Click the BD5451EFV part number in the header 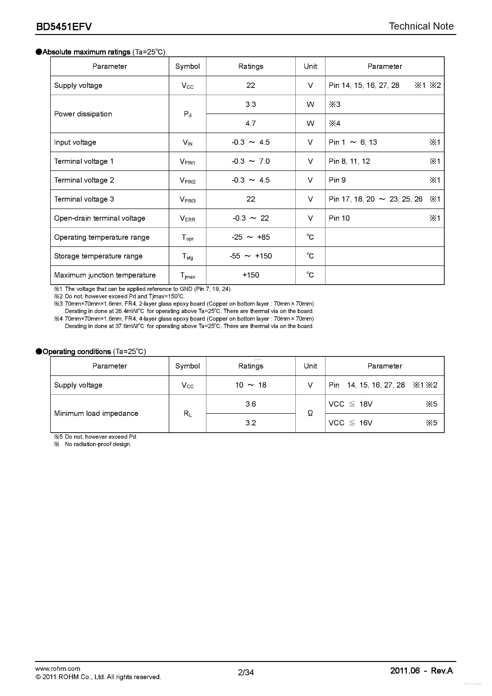(x=64, y=27)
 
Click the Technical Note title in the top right (x=421, y=26)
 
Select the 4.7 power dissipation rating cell (x=250, y=123)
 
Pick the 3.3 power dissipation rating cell (x=250, y=104)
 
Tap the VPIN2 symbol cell (x=187, y=180)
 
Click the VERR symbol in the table (x=187, y=218)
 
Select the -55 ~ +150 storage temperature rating (x=250, y=256)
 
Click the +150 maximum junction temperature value (x=250, y=275)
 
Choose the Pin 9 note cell (x=337, y=180)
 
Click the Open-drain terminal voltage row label (x=99, y=218)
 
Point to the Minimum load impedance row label (x=96, y=413)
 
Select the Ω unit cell (x=310, y=413)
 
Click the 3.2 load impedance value (x=250, y=423)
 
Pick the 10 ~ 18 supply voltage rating (x=250, y=385)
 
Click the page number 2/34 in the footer (x=246, y=672)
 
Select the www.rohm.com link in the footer (x=58, y=668)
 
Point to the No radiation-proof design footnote (x=98, y=444)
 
